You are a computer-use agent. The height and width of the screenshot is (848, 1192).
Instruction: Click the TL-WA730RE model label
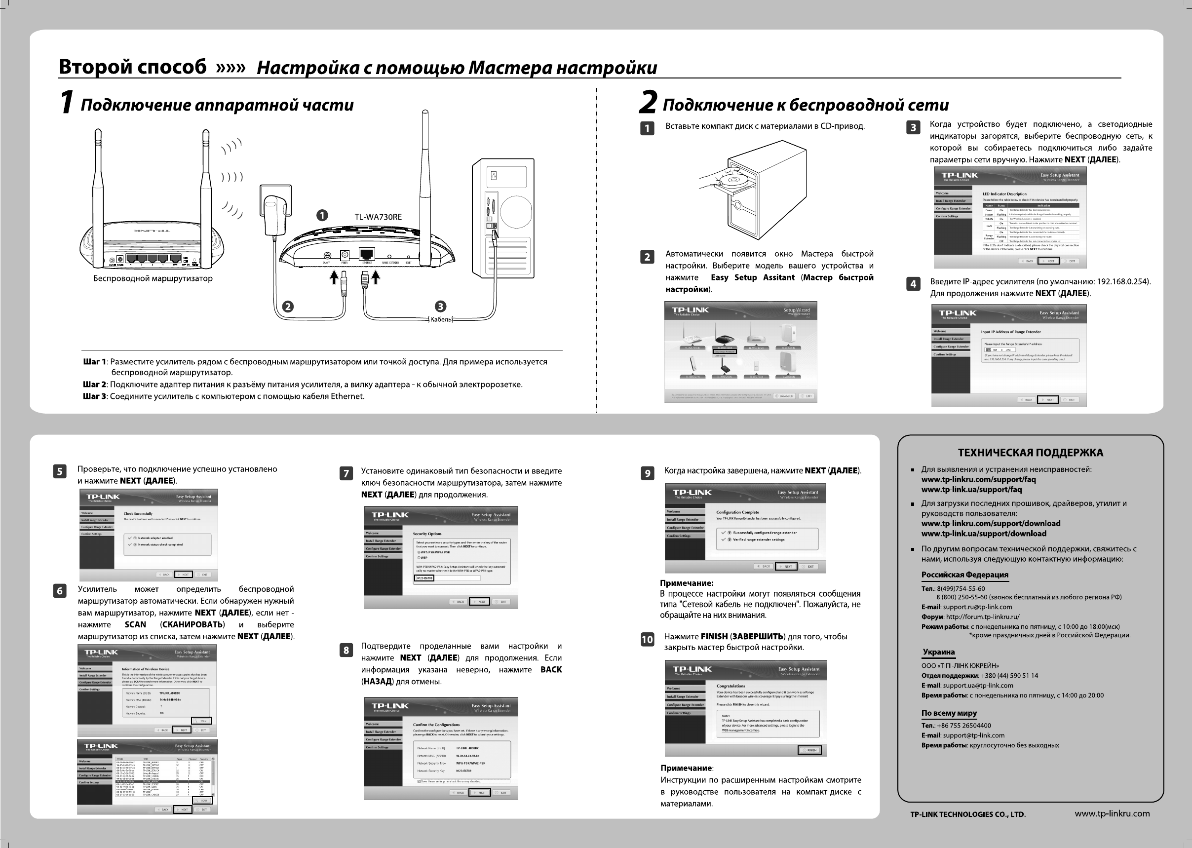(x=378, y=217)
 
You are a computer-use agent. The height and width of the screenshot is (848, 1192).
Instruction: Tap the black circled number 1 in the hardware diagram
(x=323, y=215)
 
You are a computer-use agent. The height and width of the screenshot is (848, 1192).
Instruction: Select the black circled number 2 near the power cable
(x=287, y=307)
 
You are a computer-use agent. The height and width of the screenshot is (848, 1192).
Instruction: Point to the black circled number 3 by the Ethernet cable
(x=440, y=307)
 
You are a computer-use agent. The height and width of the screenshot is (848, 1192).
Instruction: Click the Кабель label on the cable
(x=440, y=319)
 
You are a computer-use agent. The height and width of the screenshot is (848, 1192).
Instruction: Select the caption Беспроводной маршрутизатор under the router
(x=153, y=278)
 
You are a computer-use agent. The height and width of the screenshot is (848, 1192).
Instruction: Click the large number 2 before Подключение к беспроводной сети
(x=648, y=102)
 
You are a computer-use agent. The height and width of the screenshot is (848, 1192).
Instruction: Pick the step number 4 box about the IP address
(x=913, y=284)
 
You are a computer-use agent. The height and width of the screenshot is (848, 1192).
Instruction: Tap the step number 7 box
(x=346, y=473)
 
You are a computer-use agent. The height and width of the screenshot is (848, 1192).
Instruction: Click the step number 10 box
(x=647, y=640)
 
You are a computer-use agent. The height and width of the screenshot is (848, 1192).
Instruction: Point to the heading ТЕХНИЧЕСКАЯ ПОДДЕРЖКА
(x=1030, y=453)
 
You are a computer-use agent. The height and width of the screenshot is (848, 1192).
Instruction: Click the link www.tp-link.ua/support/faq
(x=971, y=490)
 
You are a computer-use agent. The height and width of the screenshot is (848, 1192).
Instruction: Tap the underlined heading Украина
(x=938, y=652)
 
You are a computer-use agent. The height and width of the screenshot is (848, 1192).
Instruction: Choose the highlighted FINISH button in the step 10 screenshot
(x=809, y=750)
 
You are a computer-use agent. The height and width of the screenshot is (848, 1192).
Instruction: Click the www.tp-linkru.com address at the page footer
(x=1112, y=813)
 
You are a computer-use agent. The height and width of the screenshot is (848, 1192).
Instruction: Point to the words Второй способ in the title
(x=133, y=67)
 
